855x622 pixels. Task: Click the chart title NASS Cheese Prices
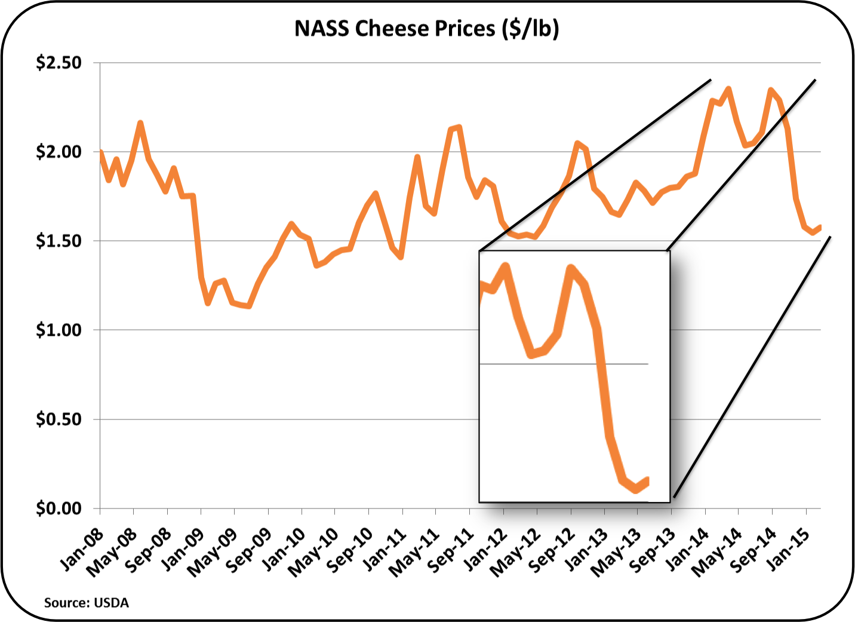pos(426,29)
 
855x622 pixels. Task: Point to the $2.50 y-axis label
pos(59,63)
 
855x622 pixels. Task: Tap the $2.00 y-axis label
pos(59,152)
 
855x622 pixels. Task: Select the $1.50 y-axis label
pos(59,241)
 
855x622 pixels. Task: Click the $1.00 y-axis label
pos(59,330)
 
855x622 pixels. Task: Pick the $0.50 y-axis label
pos(59,419)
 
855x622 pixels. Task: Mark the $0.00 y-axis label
pos(59,508)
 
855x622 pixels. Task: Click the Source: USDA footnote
pos(87,602)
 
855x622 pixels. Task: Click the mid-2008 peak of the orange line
pos(140,123)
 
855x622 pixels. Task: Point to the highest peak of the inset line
pos(506,265)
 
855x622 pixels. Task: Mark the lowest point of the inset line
pos(636,490)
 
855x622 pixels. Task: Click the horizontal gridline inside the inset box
pos(564,364)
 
